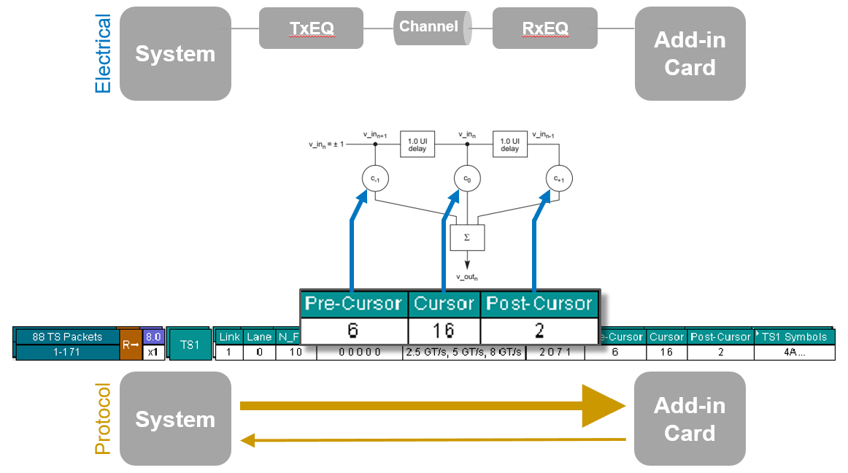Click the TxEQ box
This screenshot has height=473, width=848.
[x=311, y=28]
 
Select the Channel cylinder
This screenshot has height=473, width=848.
[x=429, y=28]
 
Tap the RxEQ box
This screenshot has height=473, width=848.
[x=544, y=28]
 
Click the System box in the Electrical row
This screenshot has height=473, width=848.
[x=175, y=54]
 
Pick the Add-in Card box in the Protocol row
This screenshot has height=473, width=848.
[x=690, y=419]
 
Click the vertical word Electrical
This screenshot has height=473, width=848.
[x=103, y=54]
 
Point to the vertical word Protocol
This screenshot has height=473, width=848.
[x=103, y=419]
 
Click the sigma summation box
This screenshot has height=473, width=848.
[x=467, y=237]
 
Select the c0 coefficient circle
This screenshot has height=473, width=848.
[x=466, y=177]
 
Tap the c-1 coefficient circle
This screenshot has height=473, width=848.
[x=374, y=177]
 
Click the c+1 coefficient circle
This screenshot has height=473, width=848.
[x=559, y=177]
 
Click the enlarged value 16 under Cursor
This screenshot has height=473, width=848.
[x=443, y=331]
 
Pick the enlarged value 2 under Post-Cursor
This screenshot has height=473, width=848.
[x=539, y=331]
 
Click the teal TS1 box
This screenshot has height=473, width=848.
[x=189, y=344]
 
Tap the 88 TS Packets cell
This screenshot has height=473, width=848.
[x=68, y=337]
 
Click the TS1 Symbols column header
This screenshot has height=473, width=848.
[x=794, y=337]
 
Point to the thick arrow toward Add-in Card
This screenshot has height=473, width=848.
[x=431, y=406]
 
